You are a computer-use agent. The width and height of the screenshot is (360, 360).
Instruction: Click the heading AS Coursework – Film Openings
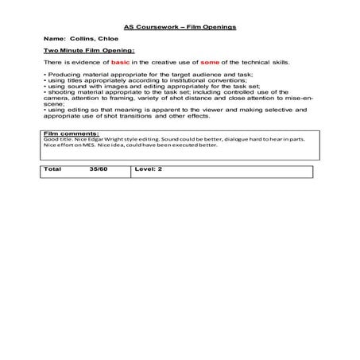(x=180, y=27)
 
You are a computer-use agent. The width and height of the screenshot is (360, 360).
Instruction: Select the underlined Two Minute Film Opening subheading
(x=83, y=50)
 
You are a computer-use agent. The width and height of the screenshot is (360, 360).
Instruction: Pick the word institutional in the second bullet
(x=196, y=79)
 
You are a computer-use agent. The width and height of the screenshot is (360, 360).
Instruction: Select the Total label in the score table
(x=52, y=169)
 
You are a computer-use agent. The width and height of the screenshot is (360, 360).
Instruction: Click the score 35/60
(x=98, y=169)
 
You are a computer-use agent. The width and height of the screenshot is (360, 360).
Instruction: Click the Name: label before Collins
(x=55, y=38)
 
